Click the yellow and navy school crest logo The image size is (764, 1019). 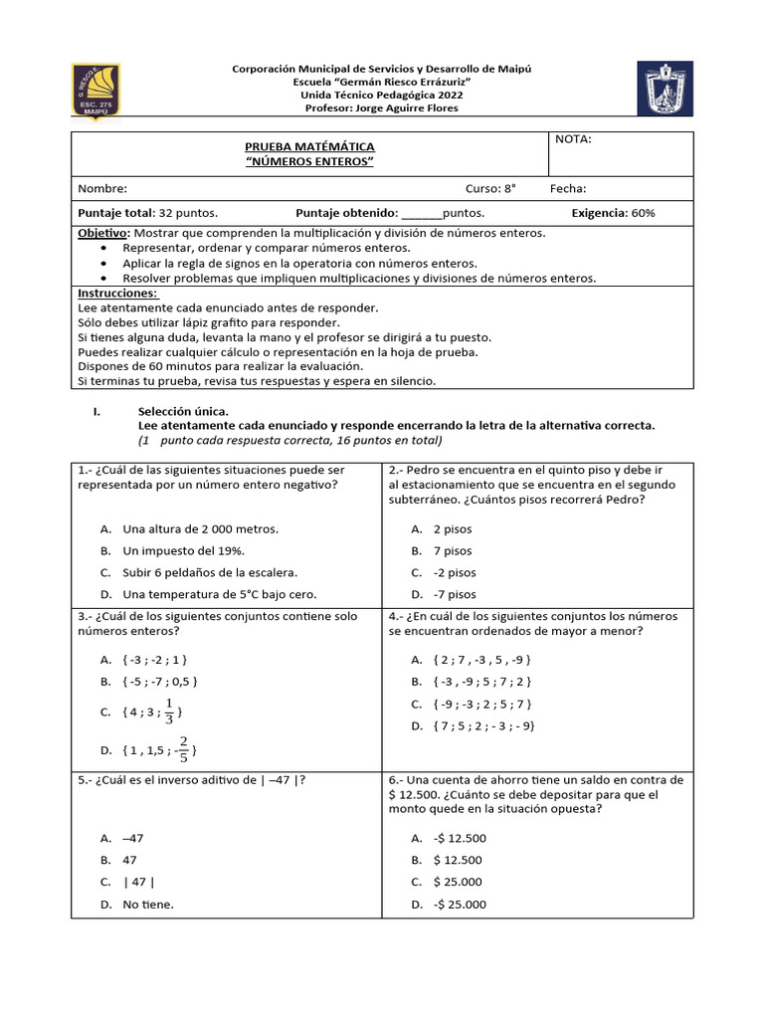point(95,90)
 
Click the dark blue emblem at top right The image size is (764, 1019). point(665,89)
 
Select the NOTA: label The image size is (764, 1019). point(573,139)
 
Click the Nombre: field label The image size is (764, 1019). point(102,188)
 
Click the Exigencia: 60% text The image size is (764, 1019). point(613,213)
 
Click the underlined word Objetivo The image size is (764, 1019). point(102,232)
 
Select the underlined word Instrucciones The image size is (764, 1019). point(117,294)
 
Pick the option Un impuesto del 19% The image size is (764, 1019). point(183,550)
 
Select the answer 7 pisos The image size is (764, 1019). point(453,550)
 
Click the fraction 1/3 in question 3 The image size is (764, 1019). point(169,712)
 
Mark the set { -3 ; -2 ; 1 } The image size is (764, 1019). point(155,660)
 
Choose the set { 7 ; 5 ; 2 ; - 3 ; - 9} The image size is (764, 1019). point(484,725)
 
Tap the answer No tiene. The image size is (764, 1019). point(148,905)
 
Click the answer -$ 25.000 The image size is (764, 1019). point(460,905)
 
